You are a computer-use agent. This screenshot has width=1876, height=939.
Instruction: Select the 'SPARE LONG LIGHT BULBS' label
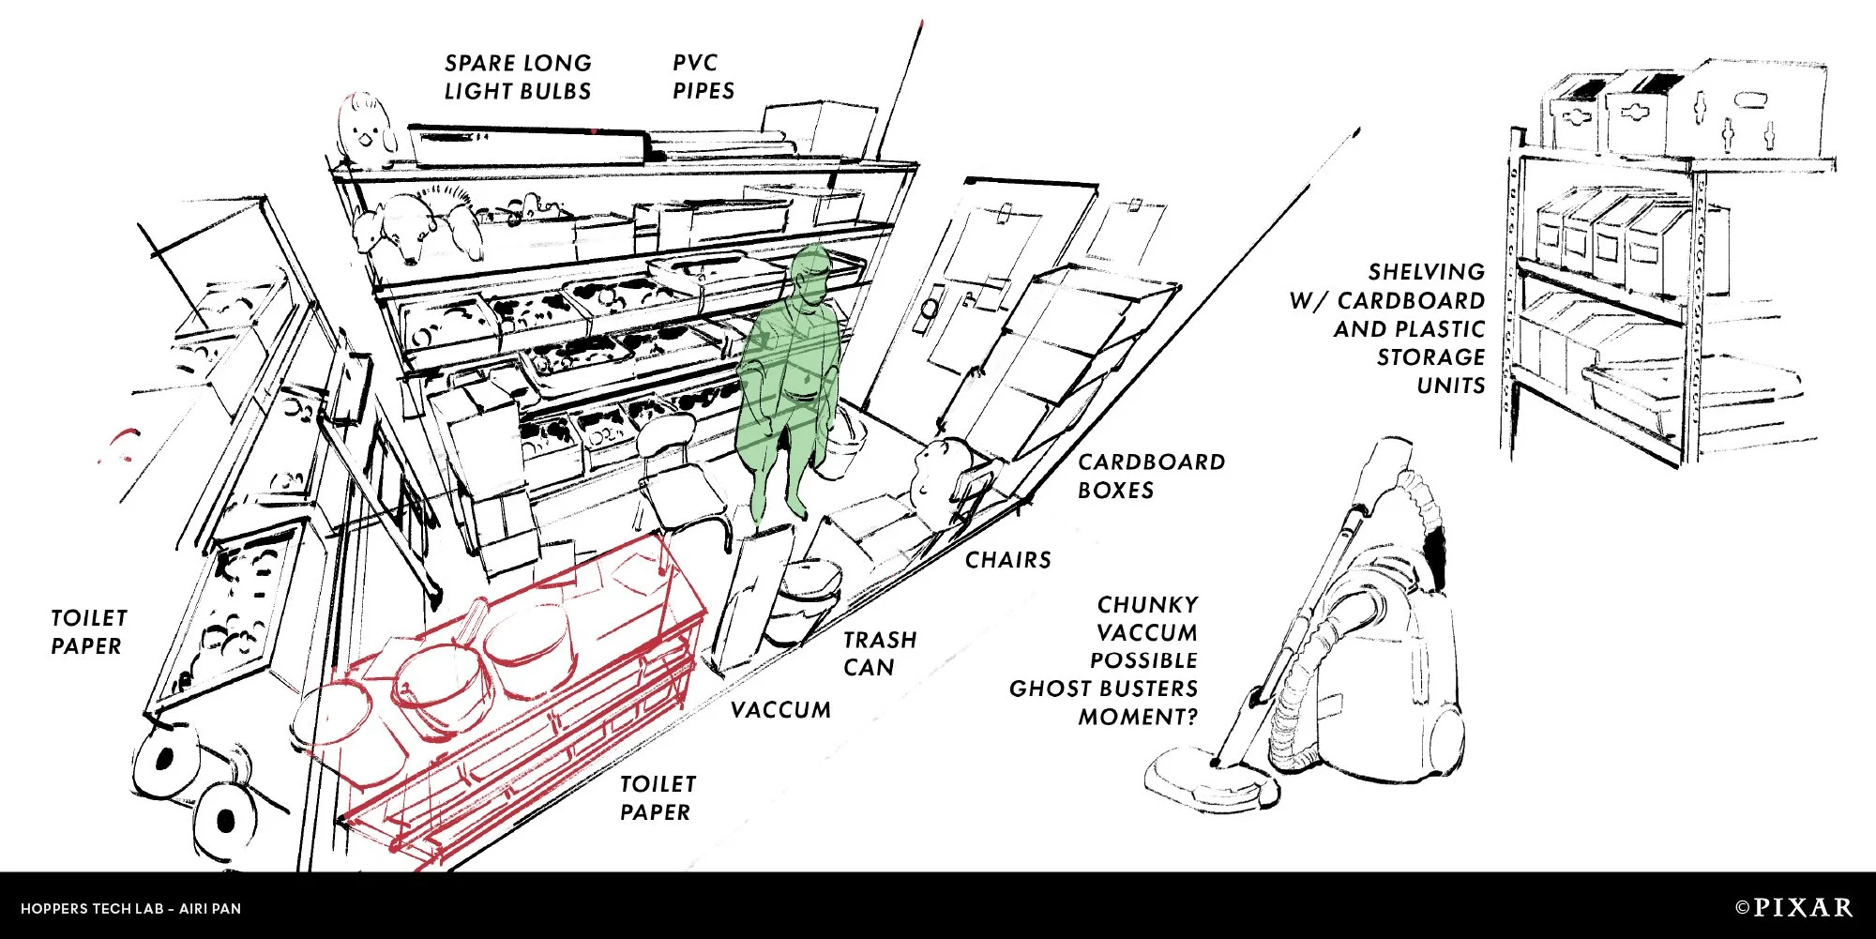pyautogui.click(x=518, y=77)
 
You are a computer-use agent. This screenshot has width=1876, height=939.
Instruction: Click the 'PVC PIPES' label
pyautogui.click(x=703, y=77)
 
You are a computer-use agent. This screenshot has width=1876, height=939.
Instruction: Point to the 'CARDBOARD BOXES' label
pyautogui.click(x=1151, y=476)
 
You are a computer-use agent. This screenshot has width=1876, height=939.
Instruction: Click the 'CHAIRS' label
pyautogui.click(x=1007, y=560)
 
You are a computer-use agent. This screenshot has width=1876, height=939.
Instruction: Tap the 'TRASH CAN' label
pyautogui.click(x=879, y=653)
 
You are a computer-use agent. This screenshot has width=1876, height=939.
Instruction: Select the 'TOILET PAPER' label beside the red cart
pyautogui.click(x=658, y=797)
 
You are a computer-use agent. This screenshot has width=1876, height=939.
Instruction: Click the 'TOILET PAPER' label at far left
pyautogui.click(x=88, y=631)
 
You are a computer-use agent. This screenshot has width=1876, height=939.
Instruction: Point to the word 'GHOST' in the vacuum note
pyautogui.click(x=1042, y=689)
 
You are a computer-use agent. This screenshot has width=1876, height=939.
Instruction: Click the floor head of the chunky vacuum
pyautogui.click(x=1210, y=779)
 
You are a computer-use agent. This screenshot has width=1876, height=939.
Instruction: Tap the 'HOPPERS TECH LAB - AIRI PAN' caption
pyautogui.click(x=130, y=908)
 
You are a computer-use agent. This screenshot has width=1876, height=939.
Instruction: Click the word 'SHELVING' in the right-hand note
pyautogui.click(x=1426, y=272)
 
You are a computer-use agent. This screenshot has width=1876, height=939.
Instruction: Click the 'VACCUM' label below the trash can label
pyautogui.click(x=780, y=710)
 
